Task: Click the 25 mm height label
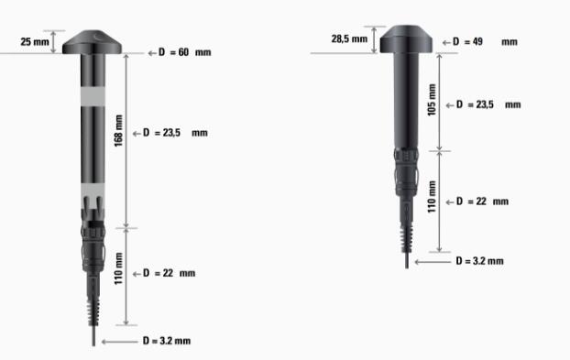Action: pos(35,42)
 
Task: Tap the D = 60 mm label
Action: pos(185,52)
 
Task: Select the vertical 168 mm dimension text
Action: pos(118,131)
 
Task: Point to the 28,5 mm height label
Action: pos(349,38)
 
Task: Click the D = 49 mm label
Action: pos(485,42)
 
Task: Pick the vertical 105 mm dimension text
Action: pos(432,100)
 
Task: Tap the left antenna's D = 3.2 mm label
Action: pos(167,341)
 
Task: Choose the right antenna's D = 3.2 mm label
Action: pos(480,261)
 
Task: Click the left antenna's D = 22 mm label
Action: pos(169,273)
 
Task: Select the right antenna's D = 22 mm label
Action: pos(482,202)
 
